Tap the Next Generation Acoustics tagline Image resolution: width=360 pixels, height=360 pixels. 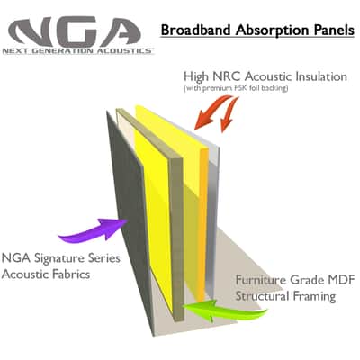[x=78, y=51]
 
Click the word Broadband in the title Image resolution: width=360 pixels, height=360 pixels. [x=196, y=30]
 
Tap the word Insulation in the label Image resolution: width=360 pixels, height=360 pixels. [x=321, y=76]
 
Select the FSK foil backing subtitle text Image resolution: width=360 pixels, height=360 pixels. [x=236, y=88]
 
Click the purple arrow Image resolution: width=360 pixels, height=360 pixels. [x=93, y=230]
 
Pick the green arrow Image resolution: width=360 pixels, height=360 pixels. [x=224, y=310]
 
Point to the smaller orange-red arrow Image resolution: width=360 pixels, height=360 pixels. [x=229, y=115]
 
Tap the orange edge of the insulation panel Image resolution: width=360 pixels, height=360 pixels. [x=203, y=225]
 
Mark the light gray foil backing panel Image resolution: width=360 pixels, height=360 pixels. [x=213, y=216]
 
